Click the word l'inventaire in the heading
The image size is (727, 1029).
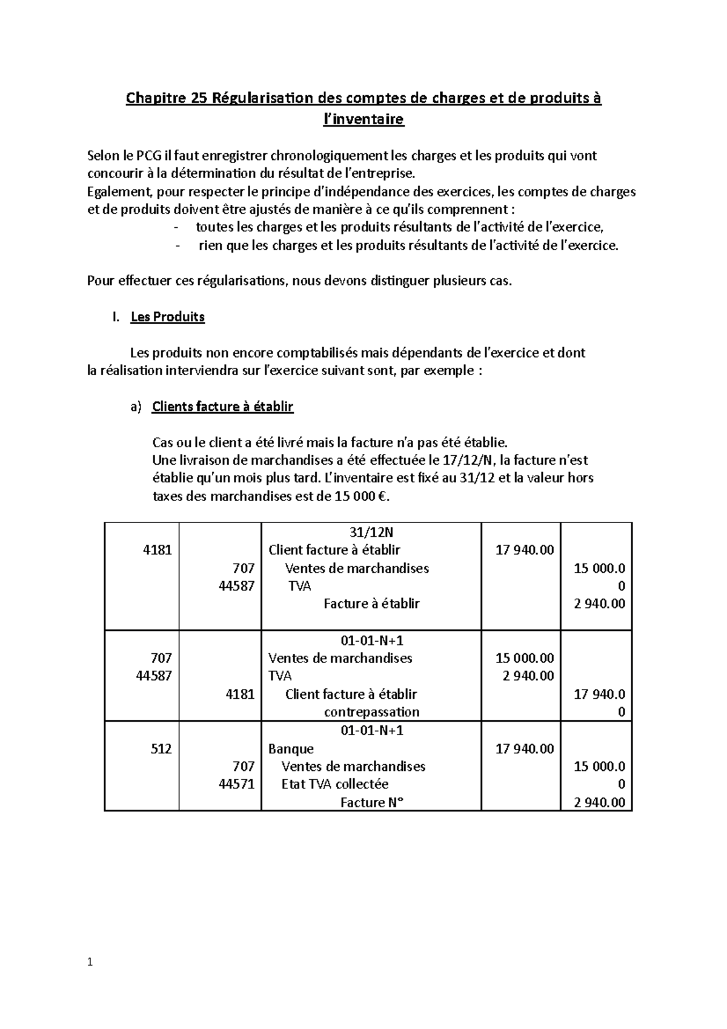pos(363,119)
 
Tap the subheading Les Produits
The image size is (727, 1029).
pos(167,317)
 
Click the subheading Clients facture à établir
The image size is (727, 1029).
pos(222,407)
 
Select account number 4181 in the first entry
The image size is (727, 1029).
pos(157,550)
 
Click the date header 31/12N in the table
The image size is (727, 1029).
pos(371,532)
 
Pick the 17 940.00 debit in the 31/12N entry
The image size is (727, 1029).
pos(524,550)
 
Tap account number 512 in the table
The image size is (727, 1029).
pos(161,748)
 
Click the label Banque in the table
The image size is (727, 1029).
pos(291,749)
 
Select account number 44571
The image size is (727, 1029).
pos(237,784)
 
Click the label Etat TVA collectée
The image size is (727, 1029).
pos(335,784)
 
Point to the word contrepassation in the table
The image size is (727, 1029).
pos(371,712)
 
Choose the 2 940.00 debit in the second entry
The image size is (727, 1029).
pos(528,676)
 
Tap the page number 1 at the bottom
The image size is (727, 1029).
pos(90,962)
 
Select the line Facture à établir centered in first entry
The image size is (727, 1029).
pos(371,604)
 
